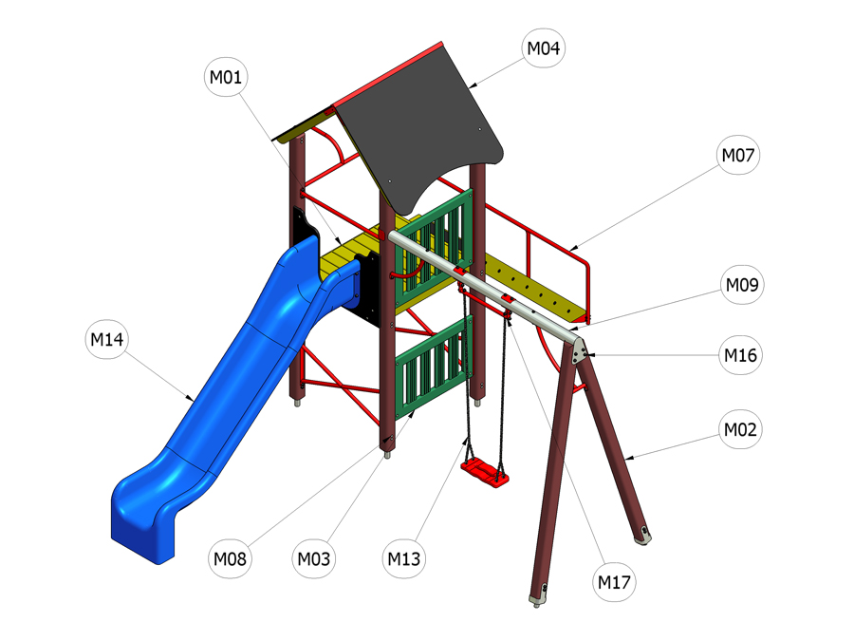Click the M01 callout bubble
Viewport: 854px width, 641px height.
[x=226, y=78]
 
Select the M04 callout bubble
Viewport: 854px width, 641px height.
[x=544, y=48]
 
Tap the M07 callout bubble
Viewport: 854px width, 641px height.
[x=738, y=156]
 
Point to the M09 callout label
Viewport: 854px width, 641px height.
[x=742, y=285]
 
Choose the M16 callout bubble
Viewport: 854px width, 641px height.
[x=740, y=355]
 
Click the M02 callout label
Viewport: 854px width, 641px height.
[x=740, y=429]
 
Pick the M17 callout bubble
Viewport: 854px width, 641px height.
[x=614, y=582]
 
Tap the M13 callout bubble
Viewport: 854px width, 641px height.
[x=403, y=558]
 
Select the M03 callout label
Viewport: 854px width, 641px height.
[x=314, y=558]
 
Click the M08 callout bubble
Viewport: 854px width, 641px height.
[x=230, y=558]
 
